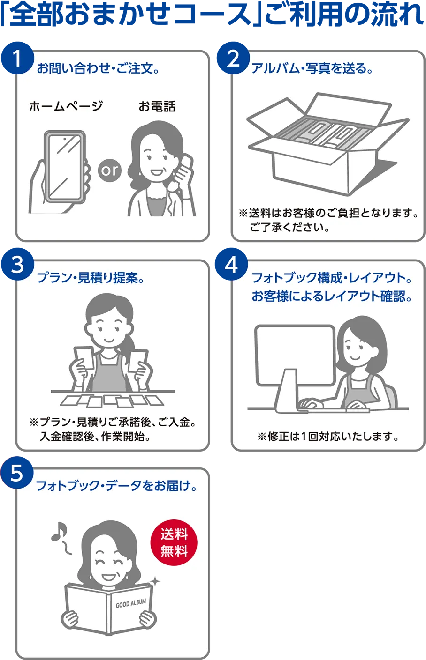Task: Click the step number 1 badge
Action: pos(17,59)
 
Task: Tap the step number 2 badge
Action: pos(233,59)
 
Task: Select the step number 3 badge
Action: pos(17,265)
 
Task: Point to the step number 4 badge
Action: pos(231,265)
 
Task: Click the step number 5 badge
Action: pos(16,473)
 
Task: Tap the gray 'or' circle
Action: pos(110,170)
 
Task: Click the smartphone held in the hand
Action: pos(65,166)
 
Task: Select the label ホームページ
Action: pos(66,107)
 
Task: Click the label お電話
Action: pos(157,107)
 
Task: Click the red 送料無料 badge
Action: pos(174,543)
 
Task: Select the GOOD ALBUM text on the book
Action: pos(131,603)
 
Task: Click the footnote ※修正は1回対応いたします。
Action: pos(328,437)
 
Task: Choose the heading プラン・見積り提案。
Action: pos(91,278)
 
